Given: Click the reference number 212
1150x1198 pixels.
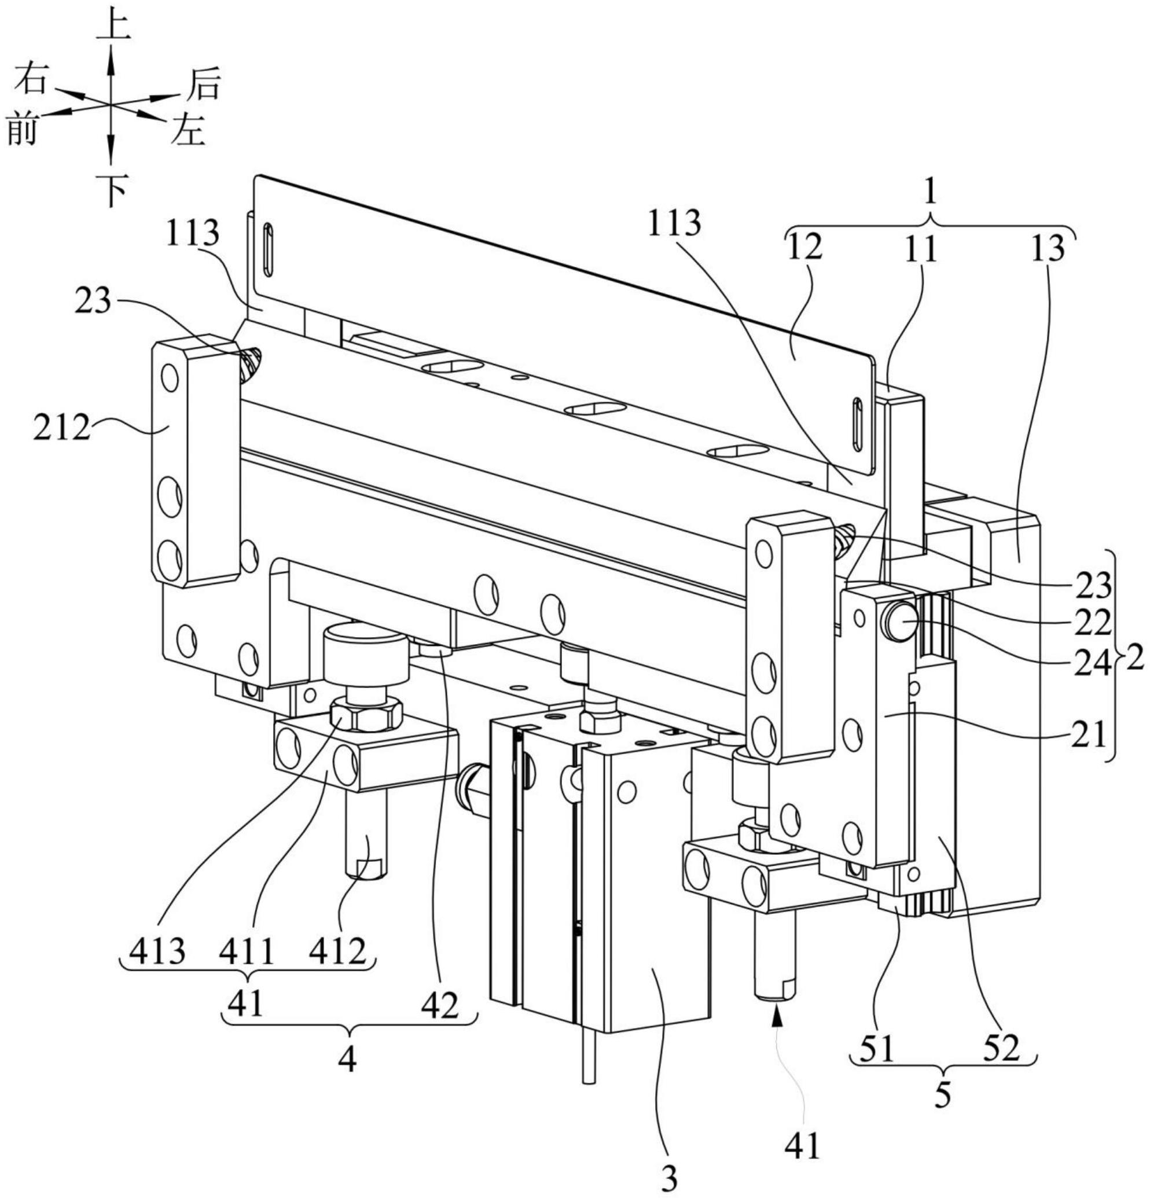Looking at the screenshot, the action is (63, 428).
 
